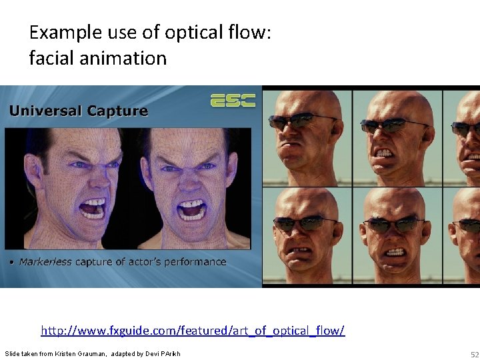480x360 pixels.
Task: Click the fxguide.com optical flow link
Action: click(193, 330)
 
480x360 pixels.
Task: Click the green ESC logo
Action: click(233, 100)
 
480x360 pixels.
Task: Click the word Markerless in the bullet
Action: click(45, 262)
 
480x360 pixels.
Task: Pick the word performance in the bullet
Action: click(193, 262)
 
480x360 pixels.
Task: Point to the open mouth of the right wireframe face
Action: click(191, 209)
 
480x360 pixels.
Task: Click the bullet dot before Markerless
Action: click(12, 263)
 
